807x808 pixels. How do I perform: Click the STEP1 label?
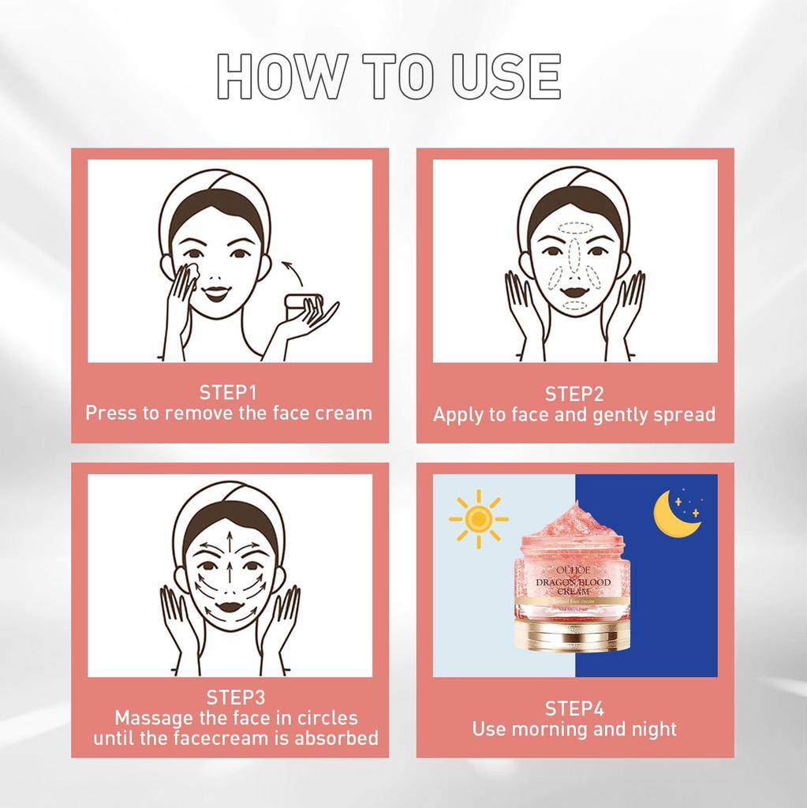coord(229,393)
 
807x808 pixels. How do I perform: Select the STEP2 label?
coord(574,395)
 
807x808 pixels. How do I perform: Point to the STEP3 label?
coord(236,698)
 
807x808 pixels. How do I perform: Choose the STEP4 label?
coord(574,708)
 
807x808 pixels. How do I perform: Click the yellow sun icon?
coord(476,518)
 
